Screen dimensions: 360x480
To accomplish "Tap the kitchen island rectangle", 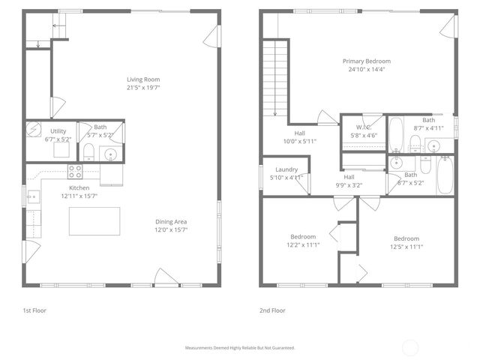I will point(94,221).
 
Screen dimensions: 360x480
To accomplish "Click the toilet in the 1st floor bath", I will point(88,153).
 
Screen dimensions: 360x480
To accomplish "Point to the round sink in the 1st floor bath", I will point(111,154).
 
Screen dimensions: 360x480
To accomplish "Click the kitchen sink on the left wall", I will point(33,198).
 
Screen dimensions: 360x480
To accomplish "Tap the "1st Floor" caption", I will point(34,310).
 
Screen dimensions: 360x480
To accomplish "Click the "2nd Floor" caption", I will point(272,310).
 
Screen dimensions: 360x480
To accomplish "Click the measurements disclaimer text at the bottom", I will point(240,348).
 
